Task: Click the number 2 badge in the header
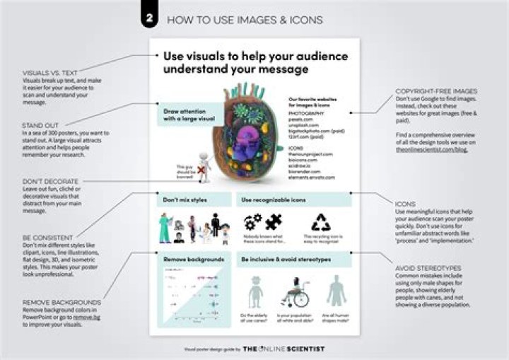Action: tap(149, 19)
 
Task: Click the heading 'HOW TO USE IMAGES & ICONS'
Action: tap(245, 20)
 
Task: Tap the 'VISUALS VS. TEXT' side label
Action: tap(49, 71)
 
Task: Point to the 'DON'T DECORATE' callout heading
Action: tap(49, 181)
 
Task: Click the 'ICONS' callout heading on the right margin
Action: tap(406, 203)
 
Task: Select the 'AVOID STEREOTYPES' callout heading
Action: tap(428, 268)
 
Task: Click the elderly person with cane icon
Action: tap(255, 290)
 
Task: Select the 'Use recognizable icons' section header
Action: tap(272, 200)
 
